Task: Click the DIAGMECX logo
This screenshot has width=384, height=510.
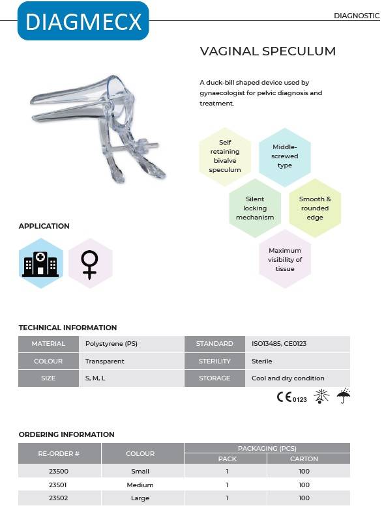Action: (83, 21)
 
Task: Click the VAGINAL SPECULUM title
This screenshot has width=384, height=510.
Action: (267, 51)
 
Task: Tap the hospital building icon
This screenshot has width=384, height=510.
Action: (40, 264)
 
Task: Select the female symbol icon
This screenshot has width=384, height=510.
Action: (90, 264)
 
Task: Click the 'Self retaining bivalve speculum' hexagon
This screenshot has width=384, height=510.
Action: (225, 156)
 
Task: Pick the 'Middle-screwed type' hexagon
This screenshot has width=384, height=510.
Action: (284, 156)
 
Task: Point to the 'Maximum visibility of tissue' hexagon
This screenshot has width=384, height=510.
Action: (285, 259)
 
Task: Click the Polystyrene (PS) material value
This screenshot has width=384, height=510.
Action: (111, 344)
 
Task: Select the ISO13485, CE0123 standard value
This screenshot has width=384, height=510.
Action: (280, 344)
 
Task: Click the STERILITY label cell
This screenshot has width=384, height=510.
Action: (214, 361)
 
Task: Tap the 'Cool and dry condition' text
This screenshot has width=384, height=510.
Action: (288, 378)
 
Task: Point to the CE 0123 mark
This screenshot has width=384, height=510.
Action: (291, 397)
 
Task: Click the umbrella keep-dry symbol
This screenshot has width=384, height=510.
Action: (344, 397)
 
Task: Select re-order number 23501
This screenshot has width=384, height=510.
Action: (59, 485)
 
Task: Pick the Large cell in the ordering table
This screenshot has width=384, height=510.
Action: (140, 498)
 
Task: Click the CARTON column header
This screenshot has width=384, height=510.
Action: (304, 459)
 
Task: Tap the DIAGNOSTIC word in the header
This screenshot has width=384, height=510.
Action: (356, 16)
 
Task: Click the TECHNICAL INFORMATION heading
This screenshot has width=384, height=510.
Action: (68, 328)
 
